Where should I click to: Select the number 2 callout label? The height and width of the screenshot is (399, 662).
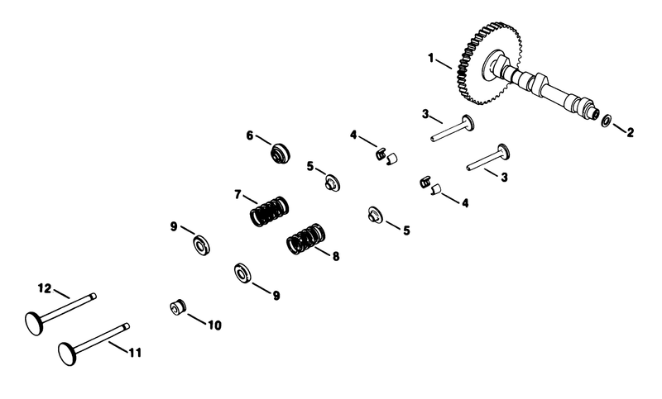[631, 131]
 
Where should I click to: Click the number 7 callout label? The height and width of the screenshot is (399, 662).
[237, 195]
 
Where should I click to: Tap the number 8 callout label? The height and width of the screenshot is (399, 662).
[335, 256]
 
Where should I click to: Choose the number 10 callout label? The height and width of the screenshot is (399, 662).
[214, 325]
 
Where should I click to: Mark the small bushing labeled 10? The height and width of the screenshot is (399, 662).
[176, 308]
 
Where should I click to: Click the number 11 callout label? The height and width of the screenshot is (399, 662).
[135, 353]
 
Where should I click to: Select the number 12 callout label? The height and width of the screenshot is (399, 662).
[45, 287]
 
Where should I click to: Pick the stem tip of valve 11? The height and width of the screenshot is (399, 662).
[127, 325]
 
